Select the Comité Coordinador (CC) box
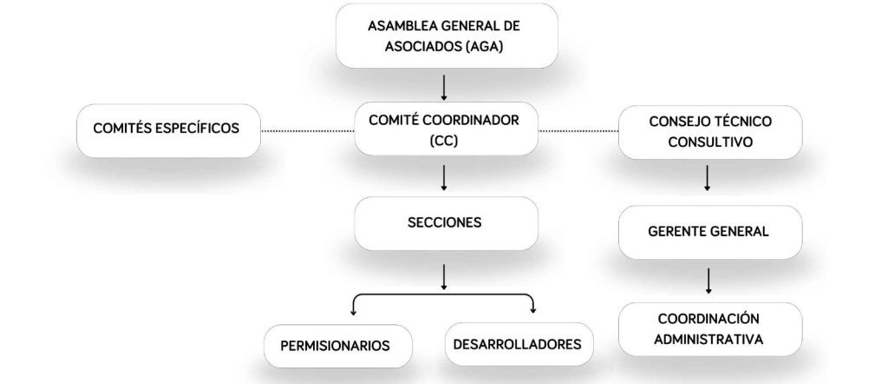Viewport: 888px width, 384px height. point(444,129)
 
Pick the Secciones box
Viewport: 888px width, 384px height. point(444,223)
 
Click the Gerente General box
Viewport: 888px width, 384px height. point(708,232)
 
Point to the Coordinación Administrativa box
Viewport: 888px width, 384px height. point(709,328)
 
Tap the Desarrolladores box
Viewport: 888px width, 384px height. point(517,344)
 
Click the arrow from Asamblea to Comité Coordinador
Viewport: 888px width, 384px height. point(444,87)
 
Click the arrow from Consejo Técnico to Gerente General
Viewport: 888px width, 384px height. point(708,178)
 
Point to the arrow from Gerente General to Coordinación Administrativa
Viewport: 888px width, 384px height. point(709,280)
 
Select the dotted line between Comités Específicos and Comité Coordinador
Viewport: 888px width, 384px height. point(307,130)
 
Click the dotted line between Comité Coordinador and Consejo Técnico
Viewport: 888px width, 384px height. point(579,131)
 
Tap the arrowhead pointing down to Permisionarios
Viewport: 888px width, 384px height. point(353,309)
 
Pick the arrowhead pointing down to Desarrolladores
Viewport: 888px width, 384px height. point(532,309)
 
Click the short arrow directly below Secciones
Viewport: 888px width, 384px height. point(444,275)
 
